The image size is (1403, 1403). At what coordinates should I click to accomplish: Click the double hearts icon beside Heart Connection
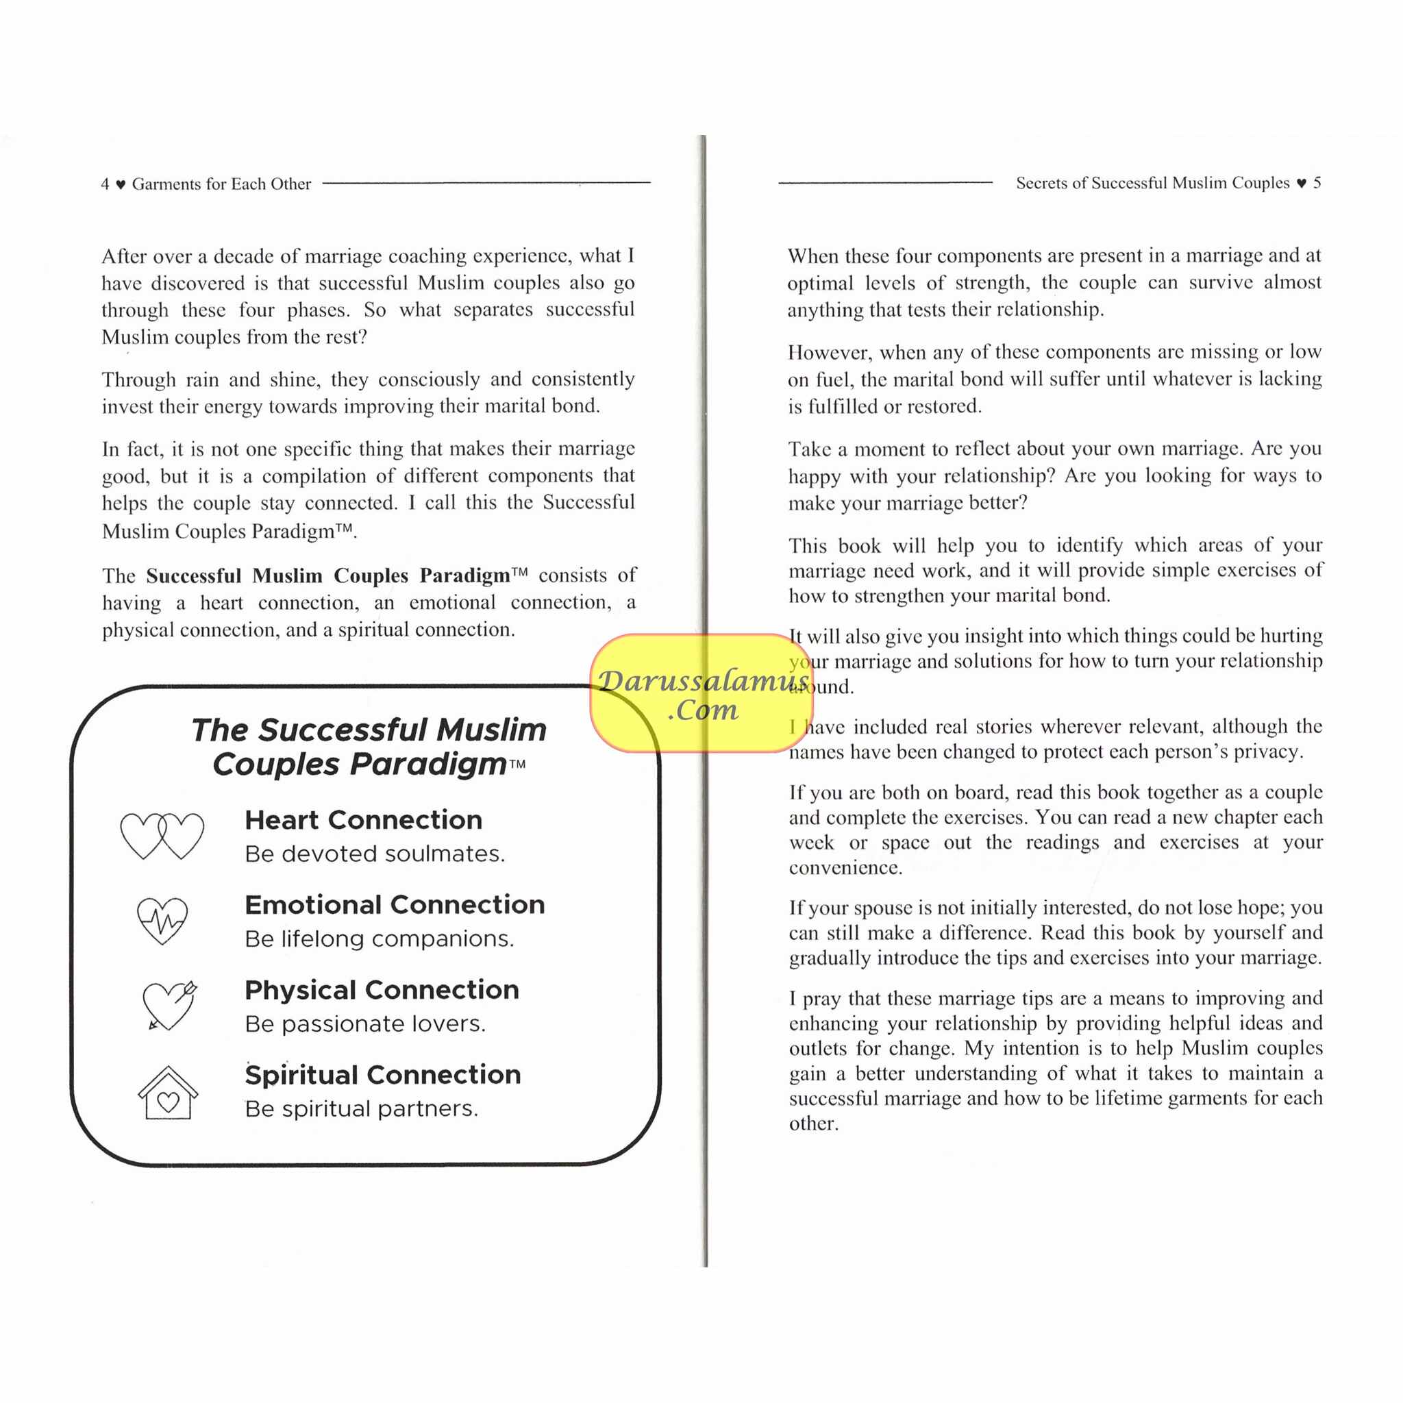coord(162,836)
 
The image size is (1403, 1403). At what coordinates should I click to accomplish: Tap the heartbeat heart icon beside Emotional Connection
coord(162,920)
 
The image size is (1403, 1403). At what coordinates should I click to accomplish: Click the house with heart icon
coord(168,1093)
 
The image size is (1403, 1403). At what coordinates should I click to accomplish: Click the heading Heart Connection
coord(363,820)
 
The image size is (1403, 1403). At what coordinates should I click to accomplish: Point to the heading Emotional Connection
coord(395,905)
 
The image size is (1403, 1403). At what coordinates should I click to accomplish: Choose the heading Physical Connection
coord(382,990)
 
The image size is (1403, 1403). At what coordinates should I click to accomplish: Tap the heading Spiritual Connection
coord(383,1075)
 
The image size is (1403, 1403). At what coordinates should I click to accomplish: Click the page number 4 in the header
coord(105,184)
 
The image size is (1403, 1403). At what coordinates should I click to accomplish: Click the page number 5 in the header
coord(1317,183)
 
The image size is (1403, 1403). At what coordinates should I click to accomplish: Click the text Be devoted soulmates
coord(375,854)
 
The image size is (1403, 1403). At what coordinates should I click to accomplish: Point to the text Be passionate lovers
coord(365,1024)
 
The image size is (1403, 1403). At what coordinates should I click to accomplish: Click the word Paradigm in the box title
coord(360,765)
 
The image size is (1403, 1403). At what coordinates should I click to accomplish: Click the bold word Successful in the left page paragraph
coord(193,576)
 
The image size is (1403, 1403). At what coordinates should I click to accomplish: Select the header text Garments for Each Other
coord(221,184)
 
